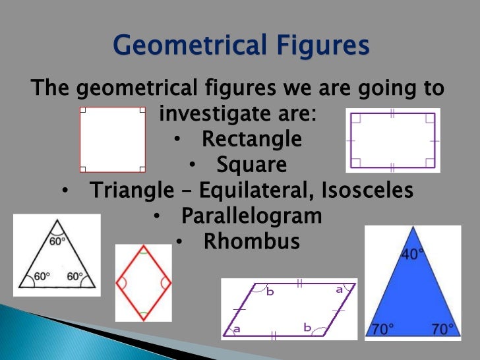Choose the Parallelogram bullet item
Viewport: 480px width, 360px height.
(251, 216)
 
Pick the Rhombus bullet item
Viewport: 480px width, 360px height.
(251, 241)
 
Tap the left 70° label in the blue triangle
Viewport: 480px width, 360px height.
(382, 328)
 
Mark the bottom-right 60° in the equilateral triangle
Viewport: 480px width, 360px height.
(74, 277)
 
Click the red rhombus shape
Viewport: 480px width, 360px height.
(143, 282)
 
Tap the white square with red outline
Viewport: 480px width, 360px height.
(112, 140)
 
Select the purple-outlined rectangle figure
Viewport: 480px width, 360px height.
(392, 140)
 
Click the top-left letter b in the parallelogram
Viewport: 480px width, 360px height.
(270, 292)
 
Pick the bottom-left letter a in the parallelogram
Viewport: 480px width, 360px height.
(235, 328)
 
